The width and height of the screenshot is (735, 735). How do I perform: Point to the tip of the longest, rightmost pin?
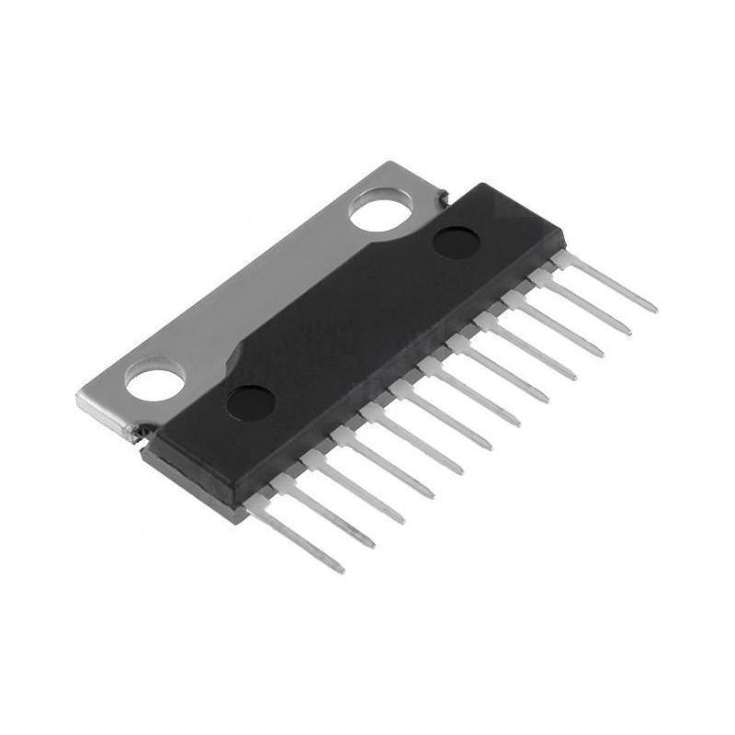[653, 310]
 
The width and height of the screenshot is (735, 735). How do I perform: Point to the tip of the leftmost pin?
[340, 570]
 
